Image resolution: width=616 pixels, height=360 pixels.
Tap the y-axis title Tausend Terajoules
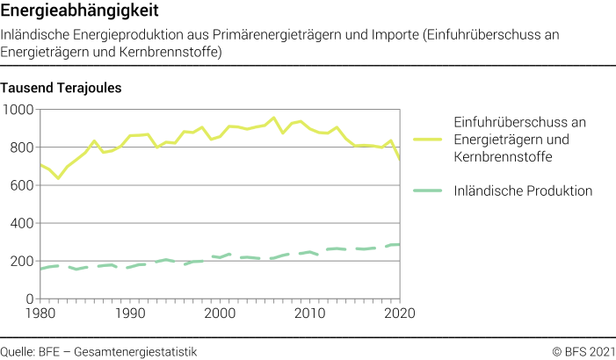[62, 88]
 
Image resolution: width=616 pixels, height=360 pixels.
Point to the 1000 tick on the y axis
[18, 110]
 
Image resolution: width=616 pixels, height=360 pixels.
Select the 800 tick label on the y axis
[22, 148]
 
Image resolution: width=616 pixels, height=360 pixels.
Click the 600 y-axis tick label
[22, 185]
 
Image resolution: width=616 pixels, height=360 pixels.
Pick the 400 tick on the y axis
[22, 223]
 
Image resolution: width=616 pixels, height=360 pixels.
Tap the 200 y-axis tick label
[22, 261]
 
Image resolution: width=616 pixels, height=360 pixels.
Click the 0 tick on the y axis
[29, 299]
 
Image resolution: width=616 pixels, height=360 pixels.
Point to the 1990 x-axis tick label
[130, 313]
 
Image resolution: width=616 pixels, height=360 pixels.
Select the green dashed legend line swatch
[428, 191]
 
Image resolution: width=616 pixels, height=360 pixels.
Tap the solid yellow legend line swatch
[428, 139]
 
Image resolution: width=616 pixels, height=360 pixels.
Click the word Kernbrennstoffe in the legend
[504, 156]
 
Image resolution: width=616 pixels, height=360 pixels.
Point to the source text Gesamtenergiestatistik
[136, 351]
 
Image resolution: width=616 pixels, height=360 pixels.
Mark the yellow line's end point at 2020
[400, 160]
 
